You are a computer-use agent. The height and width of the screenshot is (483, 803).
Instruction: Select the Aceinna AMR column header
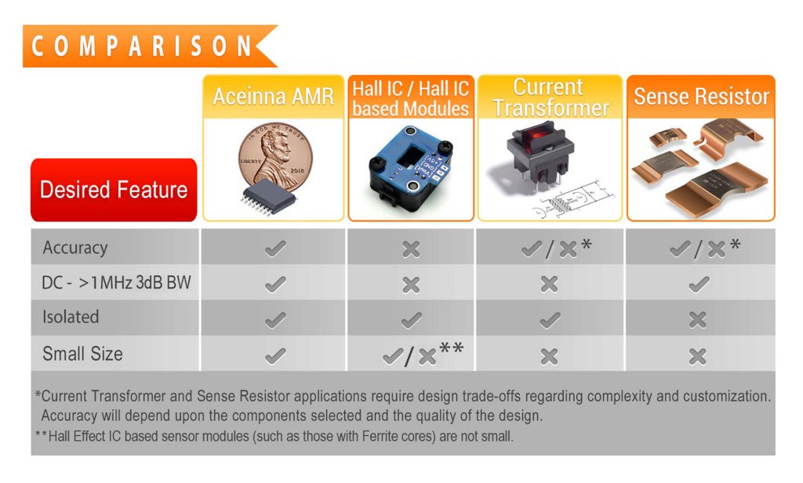click(x=273, y=96)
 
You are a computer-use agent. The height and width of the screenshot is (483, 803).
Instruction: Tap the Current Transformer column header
click(x=550, y=96)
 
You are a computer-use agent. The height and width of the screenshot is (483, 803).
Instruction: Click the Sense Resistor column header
click(x=701, y=96)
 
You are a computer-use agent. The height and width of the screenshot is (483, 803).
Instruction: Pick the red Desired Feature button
click(x=114, y=190)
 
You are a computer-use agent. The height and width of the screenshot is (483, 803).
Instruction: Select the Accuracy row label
click(x=74, y=248)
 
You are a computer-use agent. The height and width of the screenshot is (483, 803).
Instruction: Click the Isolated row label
click(x=71, y=317)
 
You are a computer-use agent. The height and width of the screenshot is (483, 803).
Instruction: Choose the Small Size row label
click(x=82, y=354)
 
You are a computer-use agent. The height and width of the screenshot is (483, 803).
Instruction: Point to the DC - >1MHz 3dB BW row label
click(x=116, y=282)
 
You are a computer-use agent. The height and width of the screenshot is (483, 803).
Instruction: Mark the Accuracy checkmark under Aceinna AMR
click(x=274, y=249)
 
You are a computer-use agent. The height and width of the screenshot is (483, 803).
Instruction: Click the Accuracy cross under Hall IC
click(x=411, y=249)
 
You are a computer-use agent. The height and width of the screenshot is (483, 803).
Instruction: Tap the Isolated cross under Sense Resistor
click(x=697, y=319)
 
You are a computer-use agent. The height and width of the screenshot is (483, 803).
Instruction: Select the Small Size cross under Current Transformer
click(x=549, y=357)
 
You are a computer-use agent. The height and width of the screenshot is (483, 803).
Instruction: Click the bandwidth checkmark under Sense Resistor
click(x=698, y=284)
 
